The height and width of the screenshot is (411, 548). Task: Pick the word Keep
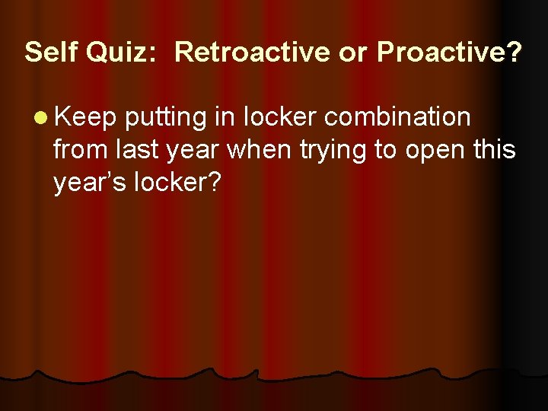point(85,118)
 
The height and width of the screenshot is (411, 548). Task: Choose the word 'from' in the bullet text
point(78,150)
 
